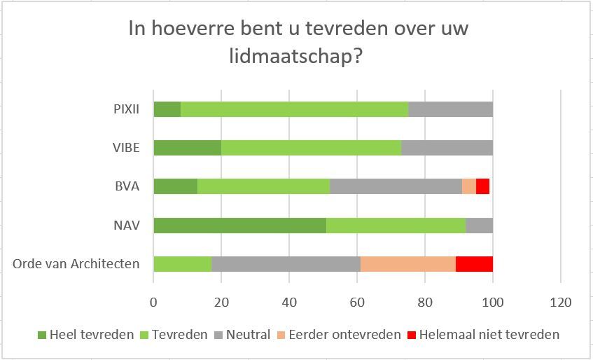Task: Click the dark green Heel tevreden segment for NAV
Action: (x=239, y=225)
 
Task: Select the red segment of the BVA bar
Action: (x=482, y=186)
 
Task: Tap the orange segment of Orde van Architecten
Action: (x=407, y=264)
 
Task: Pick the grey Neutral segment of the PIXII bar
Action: (x=450, y=109)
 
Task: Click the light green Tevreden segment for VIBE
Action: (x=311, y=148)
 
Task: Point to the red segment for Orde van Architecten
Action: (x=474, y=264)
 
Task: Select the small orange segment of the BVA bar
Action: (x=468, y=186)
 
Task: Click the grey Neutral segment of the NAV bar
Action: (x=479, y=225)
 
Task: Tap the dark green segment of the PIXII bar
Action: (x=167, y=109)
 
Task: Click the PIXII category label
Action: (x=126, y=109)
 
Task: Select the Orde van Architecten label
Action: (x=76, y=264)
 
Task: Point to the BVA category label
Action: (x=128, y=186)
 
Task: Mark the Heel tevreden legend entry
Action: (x=86, y=334)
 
